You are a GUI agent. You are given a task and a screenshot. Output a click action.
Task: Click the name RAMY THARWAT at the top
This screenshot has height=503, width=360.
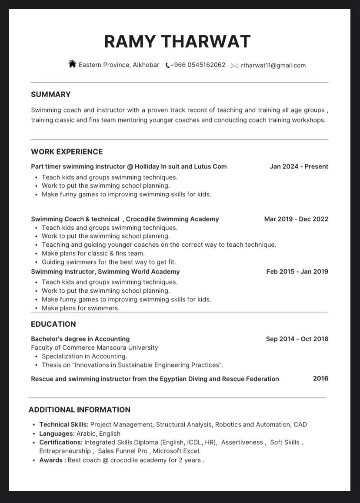tap(177, 42)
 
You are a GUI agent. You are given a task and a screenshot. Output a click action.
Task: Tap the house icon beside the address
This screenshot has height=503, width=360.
tap(72, 64)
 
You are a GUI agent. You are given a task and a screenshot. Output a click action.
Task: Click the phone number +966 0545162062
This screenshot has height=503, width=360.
tap(198, 65)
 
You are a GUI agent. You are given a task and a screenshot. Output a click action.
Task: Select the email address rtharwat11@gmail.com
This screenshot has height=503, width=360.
tap(273, 66)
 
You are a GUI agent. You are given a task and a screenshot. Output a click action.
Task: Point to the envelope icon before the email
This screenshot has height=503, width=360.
tap(235, 66)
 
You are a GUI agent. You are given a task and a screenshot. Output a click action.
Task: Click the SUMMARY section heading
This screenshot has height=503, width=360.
tap(51, 94)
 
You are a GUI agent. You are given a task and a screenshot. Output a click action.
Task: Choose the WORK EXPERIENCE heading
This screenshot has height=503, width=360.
tap(67, 152)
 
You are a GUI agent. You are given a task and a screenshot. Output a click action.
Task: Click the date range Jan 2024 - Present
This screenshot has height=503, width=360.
tap(299, 166)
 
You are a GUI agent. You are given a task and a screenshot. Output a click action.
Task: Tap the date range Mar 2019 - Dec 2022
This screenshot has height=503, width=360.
tap(296, 219)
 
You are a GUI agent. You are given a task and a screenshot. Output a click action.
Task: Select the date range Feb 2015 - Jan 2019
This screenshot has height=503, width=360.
tap(297, 271)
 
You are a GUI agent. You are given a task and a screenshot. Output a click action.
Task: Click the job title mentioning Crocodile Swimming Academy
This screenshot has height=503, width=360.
tap(125, 219)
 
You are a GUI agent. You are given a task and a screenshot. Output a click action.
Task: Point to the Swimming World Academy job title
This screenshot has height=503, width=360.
tap(105, 271)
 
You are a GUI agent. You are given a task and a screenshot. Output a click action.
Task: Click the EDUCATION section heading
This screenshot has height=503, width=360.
tap(53, 324)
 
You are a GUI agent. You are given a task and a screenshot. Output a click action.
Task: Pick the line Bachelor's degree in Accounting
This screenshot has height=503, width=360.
tap(80, 339)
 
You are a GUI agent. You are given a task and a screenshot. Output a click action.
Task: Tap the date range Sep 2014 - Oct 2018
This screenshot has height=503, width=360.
tap(297, 339)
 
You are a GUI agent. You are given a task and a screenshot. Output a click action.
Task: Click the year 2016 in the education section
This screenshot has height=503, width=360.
tap(320, 378)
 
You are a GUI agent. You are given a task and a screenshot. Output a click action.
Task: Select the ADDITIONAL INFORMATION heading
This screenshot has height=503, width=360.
tap(80, 410)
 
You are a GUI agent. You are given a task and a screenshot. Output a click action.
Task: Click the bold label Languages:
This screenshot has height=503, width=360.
tap(57, 434)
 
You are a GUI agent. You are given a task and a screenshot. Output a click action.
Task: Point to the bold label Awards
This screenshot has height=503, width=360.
tap(52, 460)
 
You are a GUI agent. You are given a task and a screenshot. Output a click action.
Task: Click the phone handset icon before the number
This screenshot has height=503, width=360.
tap(167, 66)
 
